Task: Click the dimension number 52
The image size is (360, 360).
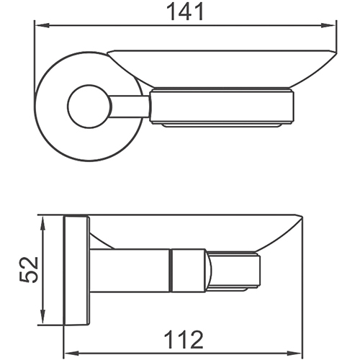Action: [x=29, y=269]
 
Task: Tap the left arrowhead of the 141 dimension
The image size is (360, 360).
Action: [x=42, y=25]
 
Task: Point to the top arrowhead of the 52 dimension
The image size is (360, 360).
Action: [x=42, y=223]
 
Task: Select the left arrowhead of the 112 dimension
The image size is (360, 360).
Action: [x=71, y=354]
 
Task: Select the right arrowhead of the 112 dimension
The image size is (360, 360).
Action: [x=294, y=354]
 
